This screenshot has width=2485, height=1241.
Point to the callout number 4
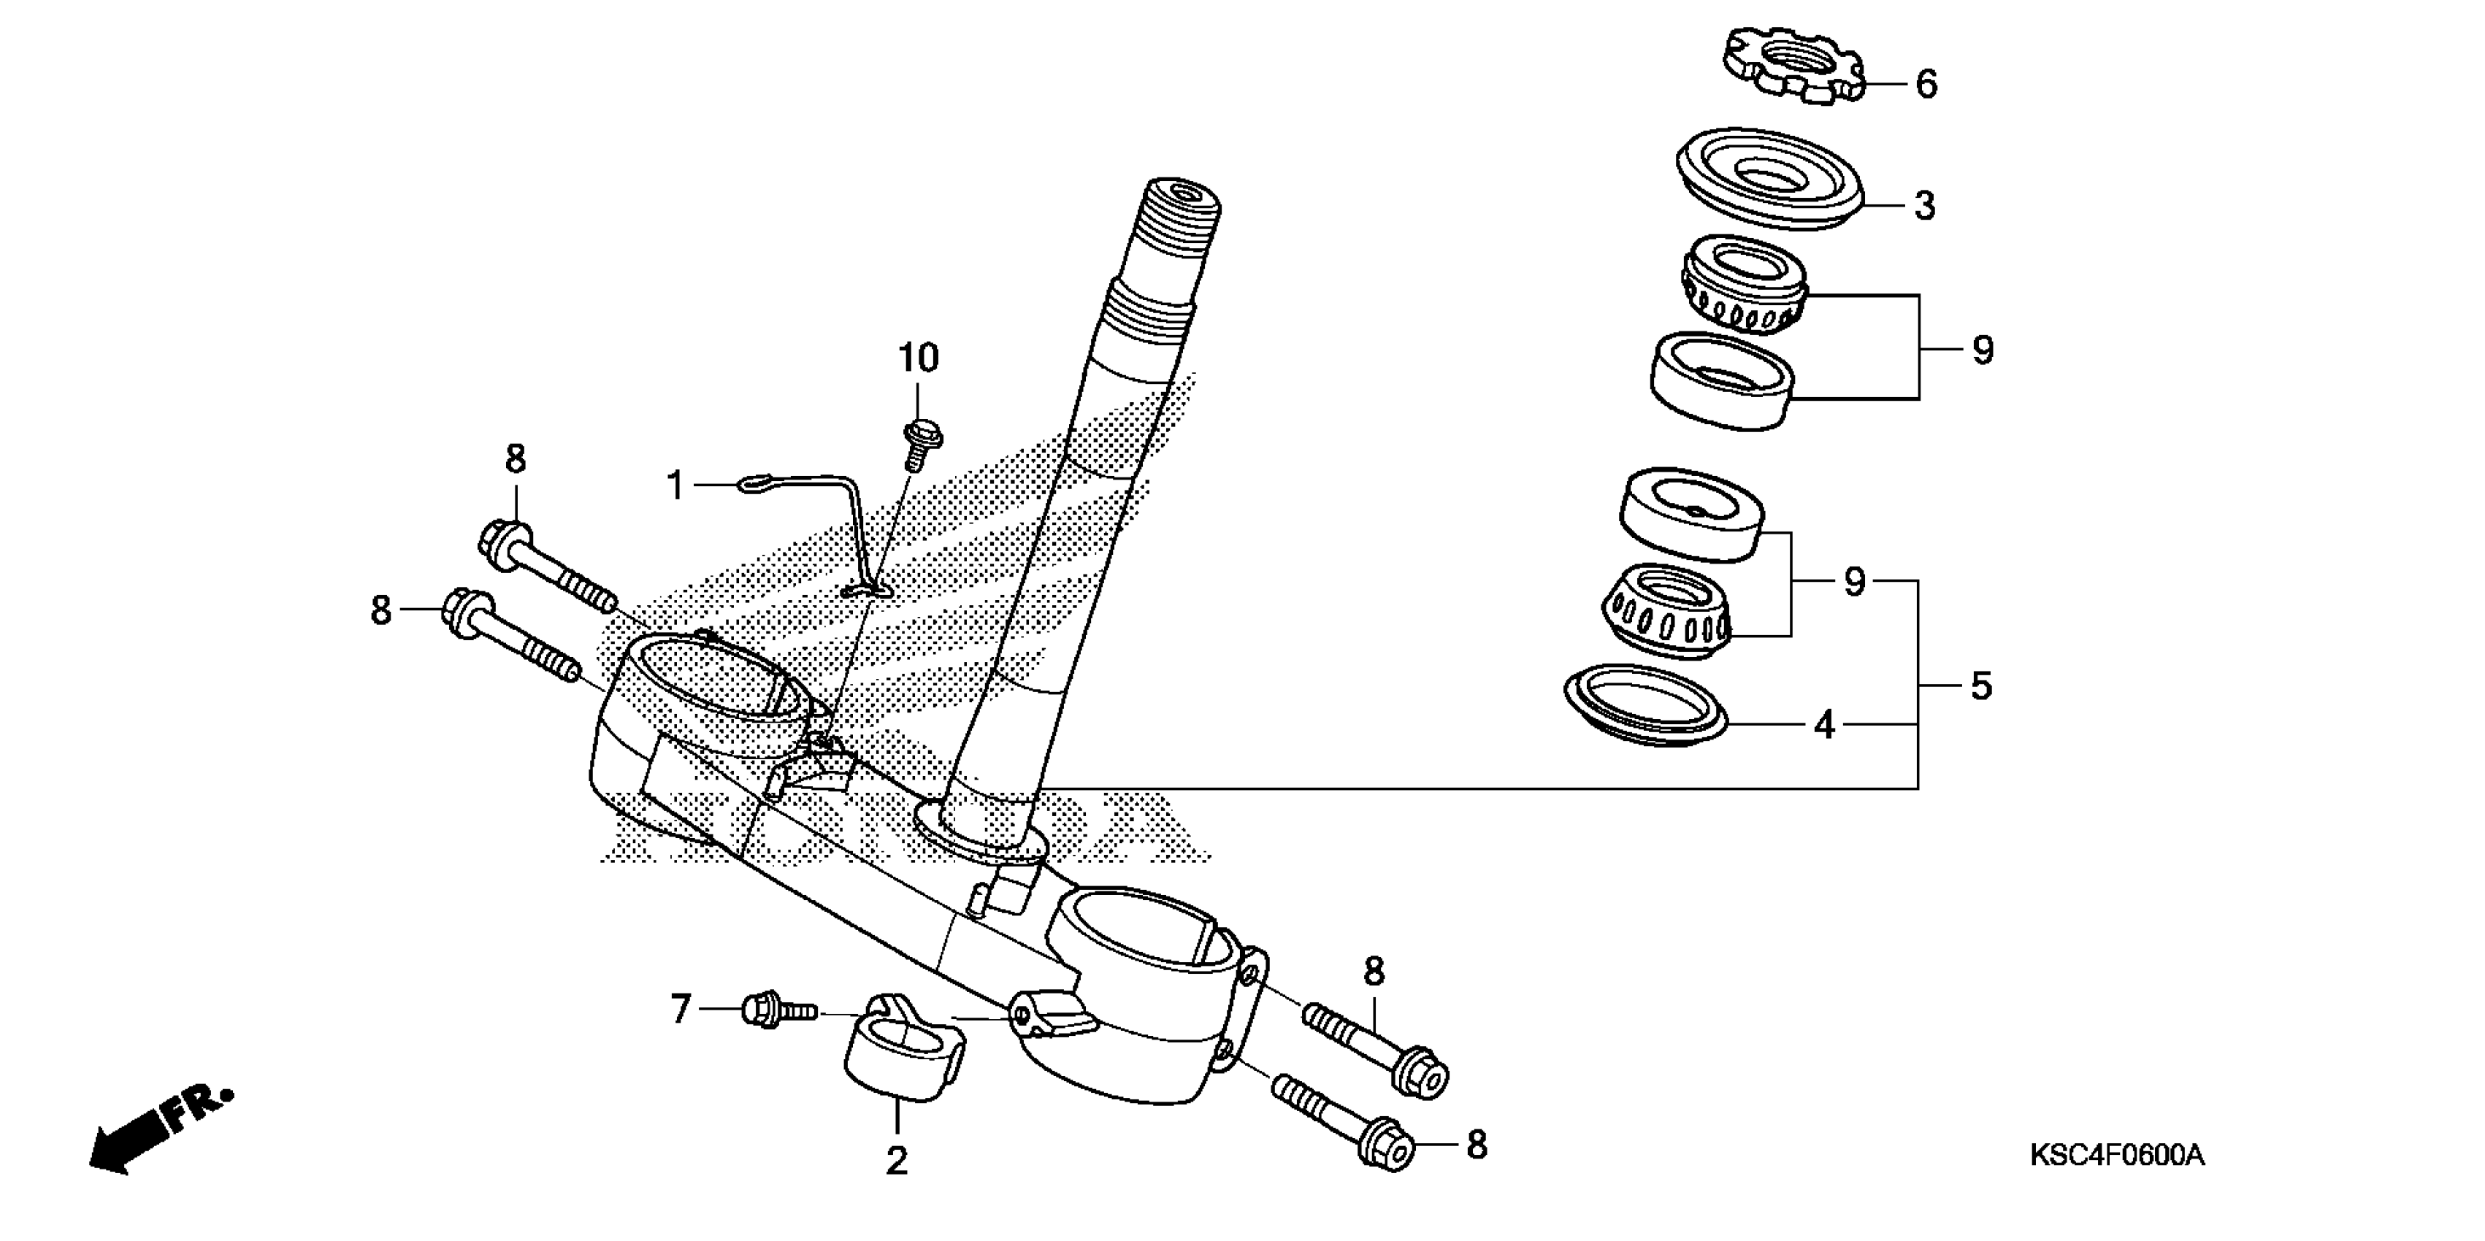coord(1823,724)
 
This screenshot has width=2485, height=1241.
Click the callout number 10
coord(919,358)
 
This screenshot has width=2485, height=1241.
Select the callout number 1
coord(676,485)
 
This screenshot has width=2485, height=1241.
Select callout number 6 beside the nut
coord(1926,85)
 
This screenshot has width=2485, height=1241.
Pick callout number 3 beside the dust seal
coord(1924,205)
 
